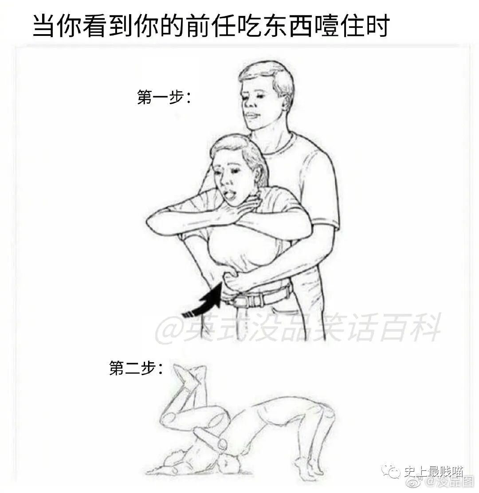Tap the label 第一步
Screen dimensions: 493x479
[163, 97]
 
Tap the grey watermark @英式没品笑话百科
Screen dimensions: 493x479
[297, 329]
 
